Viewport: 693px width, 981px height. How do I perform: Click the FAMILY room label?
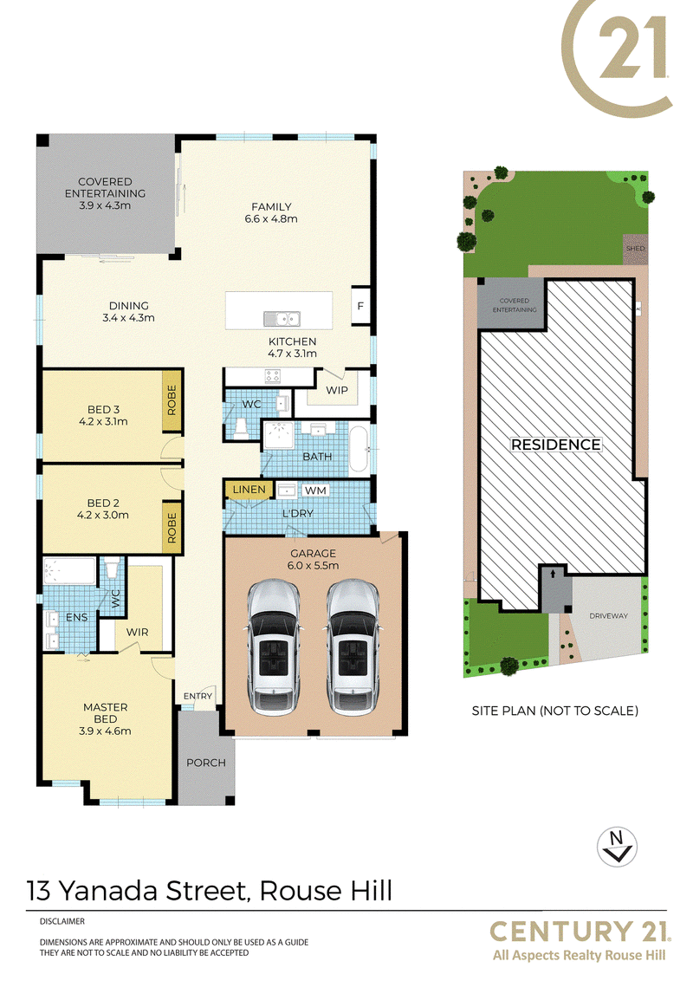click(271, 206)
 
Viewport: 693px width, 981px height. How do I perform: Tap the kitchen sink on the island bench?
click(282, 319)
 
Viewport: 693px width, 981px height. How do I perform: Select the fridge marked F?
click(360, 305)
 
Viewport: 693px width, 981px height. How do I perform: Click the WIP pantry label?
click(337, 390)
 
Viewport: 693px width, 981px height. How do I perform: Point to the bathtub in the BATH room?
click(359, 448)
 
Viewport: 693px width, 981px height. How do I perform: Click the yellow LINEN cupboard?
click(249, 490)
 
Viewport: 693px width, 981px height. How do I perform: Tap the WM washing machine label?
click(316, 491)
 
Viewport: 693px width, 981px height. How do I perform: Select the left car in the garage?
click(273, 646)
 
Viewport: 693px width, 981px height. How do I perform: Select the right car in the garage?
click(352, 646)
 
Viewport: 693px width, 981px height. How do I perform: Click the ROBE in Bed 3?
click(172, 401)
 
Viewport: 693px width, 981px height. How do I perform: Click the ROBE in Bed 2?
click(172, 528)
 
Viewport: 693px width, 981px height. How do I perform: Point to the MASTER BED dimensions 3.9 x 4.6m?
click(105, 731)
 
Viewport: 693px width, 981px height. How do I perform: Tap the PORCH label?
click(206, 763)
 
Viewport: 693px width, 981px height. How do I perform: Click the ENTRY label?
click(198, 696)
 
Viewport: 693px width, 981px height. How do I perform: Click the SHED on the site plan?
click(635, 249)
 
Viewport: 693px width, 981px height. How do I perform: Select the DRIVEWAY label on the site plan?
click(609, 615)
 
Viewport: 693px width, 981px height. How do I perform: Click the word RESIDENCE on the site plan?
click(556, 445)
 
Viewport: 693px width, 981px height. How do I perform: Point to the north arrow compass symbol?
click(617, 848)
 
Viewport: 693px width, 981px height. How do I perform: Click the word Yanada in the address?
click(108, 890)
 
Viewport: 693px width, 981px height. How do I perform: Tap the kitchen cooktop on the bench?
click(273, 377)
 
